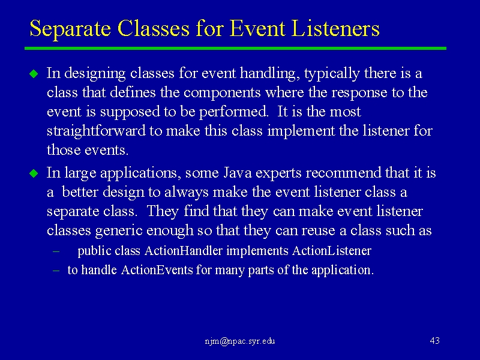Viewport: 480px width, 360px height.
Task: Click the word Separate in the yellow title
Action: click(x=70, y=29)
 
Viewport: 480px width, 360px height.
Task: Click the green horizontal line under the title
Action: click(x=235, y=49)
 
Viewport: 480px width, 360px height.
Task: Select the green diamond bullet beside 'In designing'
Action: click(x=34, y=74)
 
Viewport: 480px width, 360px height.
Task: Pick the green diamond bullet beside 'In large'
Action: click(x=34, y=173)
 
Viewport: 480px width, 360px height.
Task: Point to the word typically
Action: click(x=332, y=74)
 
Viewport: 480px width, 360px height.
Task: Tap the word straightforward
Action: click(x=96, y=131)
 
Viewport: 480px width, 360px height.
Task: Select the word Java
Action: click(x=237, y=173)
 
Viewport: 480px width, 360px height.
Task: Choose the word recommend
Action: click(x=343, y=173)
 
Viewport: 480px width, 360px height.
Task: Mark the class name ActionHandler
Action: click(x=184, y=251)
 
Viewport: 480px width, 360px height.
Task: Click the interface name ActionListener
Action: click(x=332, y=251)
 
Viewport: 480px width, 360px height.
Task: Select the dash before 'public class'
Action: click(x=56, y=251)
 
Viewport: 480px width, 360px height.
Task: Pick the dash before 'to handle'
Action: click(x=56, y=271)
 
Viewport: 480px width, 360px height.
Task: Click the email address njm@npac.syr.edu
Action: click(x=240, y=341)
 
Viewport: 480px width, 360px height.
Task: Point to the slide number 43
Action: click(x=434, y=341)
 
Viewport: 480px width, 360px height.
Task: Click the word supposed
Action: click(x=130, y=112)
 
